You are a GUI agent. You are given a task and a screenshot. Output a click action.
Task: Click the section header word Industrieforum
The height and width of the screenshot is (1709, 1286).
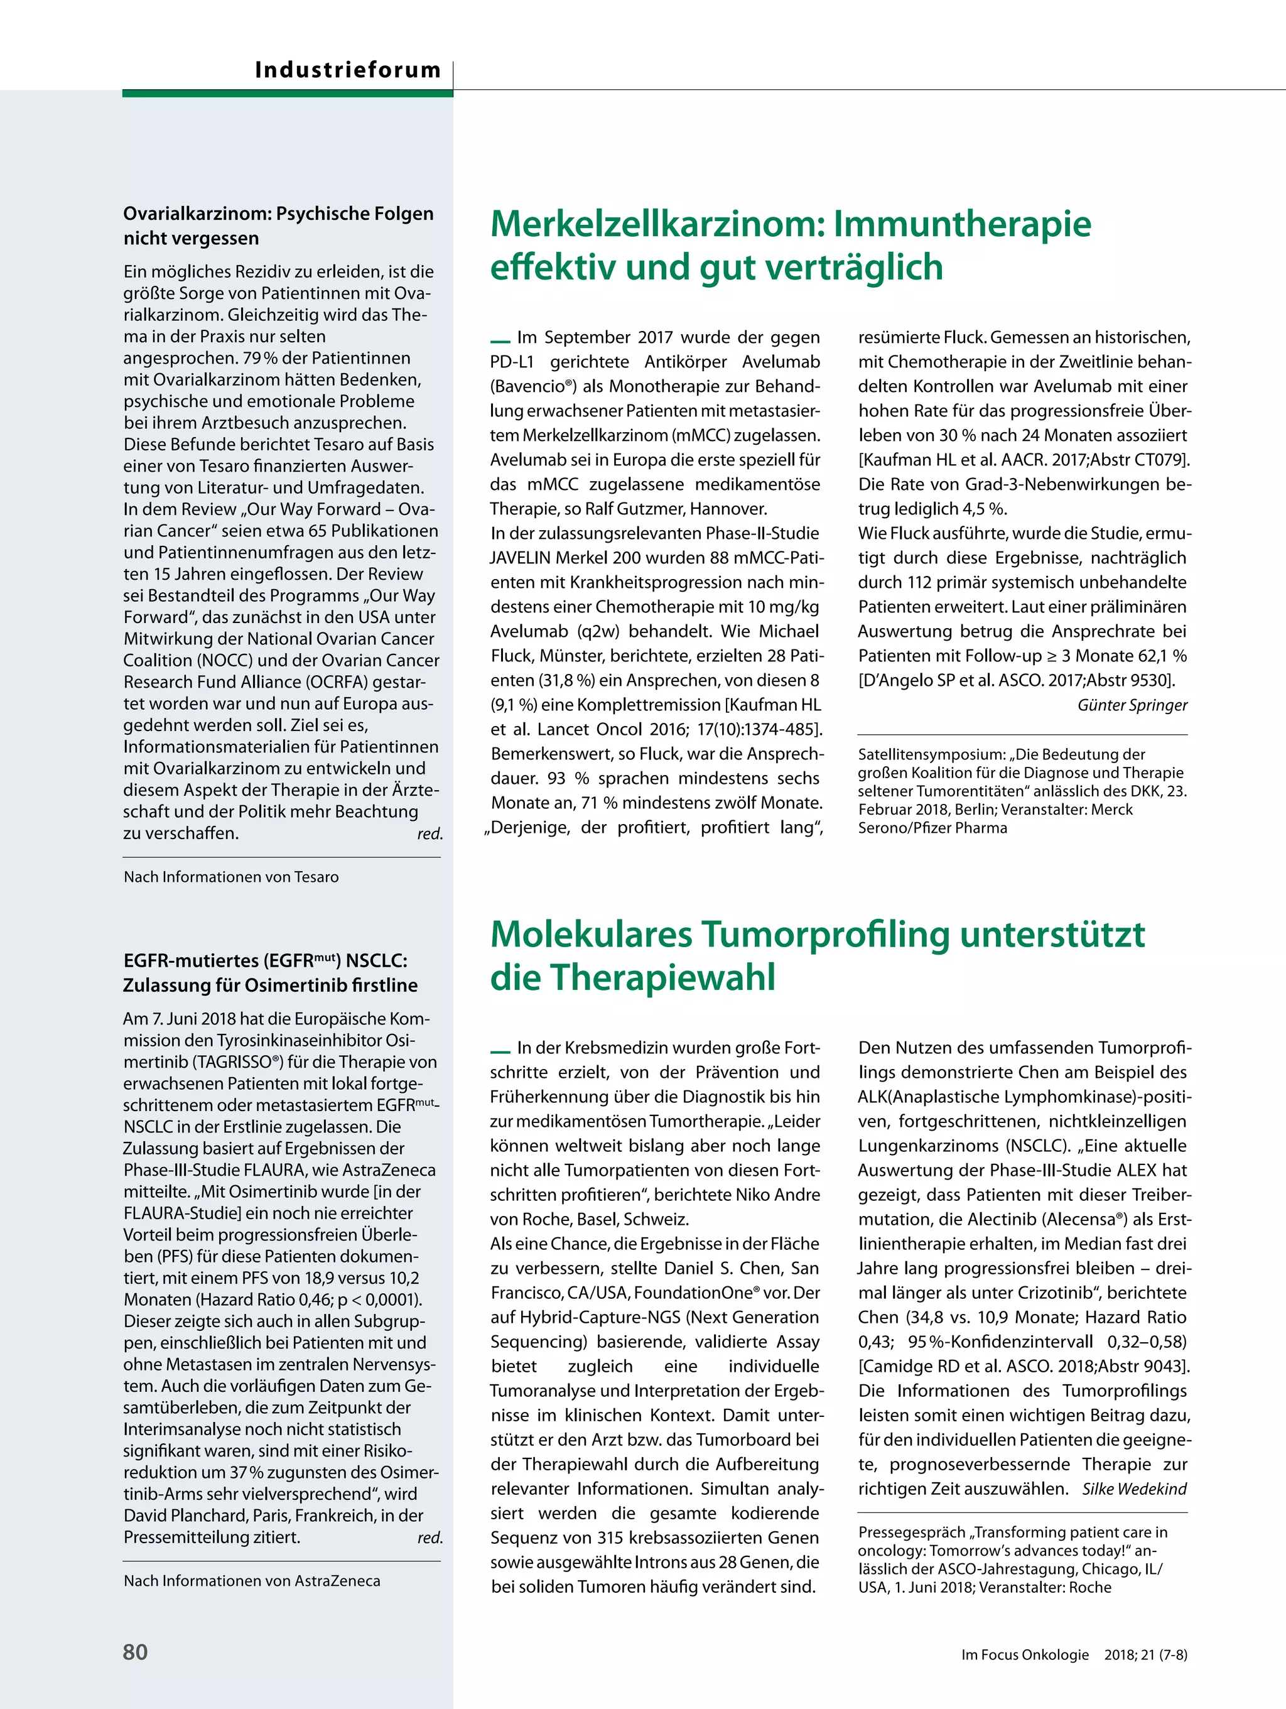click(348, 70)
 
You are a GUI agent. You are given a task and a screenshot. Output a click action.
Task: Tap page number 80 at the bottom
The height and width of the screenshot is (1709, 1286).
click(135, 1651)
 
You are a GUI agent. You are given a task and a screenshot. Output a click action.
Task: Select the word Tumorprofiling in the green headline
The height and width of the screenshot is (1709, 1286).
click(826, 934)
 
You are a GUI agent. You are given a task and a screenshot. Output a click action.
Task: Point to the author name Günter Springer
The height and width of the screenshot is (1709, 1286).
click(1132, 705)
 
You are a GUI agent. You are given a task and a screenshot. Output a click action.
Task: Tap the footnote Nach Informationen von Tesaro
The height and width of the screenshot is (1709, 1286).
click(231, 877)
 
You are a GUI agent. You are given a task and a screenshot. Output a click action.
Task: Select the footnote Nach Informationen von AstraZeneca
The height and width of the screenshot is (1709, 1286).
click(252, 1581)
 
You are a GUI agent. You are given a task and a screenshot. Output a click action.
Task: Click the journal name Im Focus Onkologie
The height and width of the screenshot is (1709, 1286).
click(1025, 1654)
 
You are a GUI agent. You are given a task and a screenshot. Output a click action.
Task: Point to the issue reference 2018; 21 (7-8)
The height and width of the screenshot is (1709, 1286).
click(1145, 1654)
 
